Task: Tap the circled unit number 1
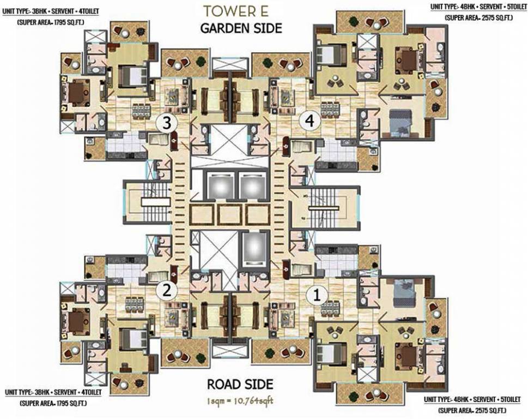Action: pos(314,295)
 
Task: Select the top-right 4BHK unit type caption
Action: pos(478,6)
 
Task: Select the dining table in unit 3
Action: pos(141,110)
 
